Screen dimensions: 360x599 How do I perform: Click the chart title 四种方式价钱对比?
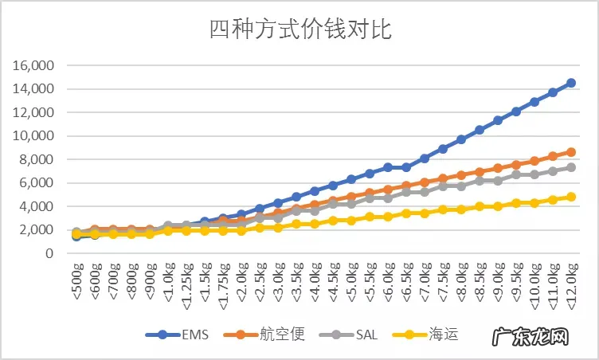pyautogui.click(x=299, y=29)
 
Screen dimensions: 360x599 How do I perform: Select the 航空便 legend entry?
pyautogui.click(x=274, y=335)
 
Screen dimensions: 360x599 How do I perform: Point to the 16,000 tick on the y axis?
pyautogui.click(x=33, y=65)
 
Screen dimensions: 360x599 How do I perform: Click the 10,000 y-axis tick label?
pyautogui.click(x=33, y=135)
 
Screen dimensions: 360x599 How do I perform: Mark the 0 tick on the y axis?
pyautogui.click(x=49, y=253)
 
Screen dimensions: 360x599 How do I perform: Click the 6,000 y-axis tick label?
pyautogui.click(x=36, y=182)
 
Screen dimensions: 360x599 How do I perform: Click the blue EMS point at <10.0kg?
pyautogui.click(x=534, y=102)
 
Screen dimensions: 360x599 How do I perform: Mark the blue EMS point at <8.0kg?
pyautogui.click(x=461, y=139)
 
